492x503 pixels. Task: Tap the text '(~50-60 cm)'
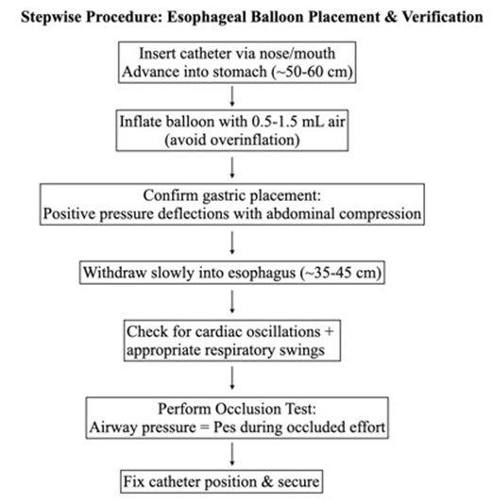pos(308,69)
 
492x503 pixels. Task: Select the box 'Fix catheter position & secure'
pos(223,481)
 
